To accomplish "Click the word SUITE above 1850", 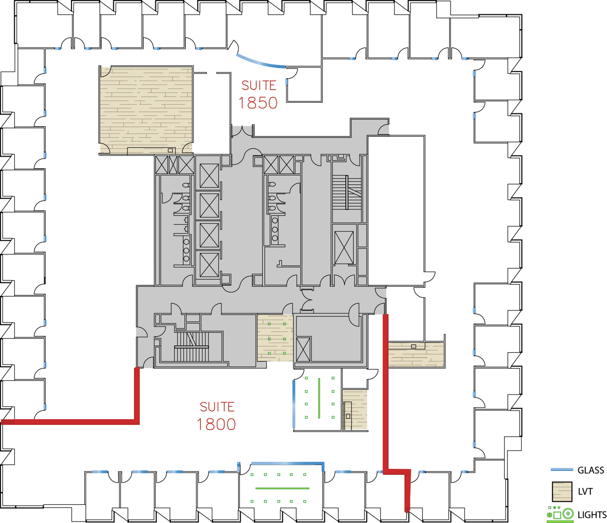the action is coord(259,86).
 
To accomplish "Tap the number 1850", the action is coord(258,103).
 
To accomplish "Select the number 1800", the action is coord(216,425).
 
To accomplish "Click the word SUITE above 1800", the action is coord(217,407).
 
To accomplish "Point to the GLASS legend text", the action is coord(591,470).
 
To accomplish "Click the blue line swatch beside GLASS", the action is coord(562,469).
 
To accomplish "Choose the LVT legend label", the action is coord(585,492).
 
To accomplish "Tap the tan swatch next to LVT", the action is coord(562,492).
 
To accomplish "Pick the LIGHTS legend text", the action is coord(592,515).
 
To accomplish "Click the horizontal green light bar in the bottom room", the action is coord(282,488).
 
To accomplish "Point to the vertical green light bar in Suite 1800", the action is coord(319,398).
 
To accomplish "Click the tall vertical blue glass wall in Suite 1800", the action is coord(294,404).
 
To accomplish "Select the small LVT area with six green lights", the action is coord(275,338).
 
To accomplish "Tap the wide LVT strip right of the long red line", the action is coord(416,354).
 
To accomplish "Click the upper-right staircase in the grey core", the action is coord(347,192).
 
